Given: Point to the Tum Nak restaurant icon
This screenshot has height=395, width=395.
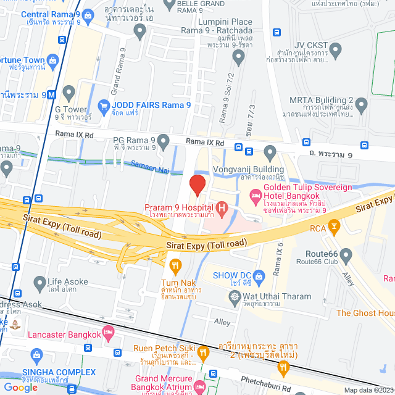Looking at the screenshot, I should pos(175,266).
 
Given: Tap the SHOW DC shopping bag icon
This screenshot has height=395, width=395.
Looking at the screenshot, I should pos(260,275).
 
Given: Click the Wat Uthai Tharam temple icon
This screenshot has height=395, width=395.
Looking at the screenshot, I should pos(235,296).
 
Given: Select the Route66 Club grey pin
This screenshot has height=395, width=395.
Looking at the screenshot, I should pos(346,254).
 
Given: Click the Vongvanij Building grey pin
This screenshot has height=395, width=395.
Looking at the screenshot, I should pos(270,152).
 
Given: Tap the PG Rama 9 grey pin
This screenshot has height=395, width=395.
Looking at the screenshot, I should pos(163,143).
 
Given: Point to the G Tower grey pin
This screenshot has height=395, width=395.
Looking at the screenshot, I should pos(69,93).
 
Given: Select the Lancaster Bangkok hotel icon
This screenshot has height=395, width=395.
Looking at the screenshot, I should pos(109,333).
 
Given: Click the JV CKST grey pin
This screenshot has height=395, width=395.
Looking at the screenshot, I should pos(335,49).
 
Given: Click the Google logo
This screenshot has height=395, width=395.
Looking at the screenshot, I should pos(21,387).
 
